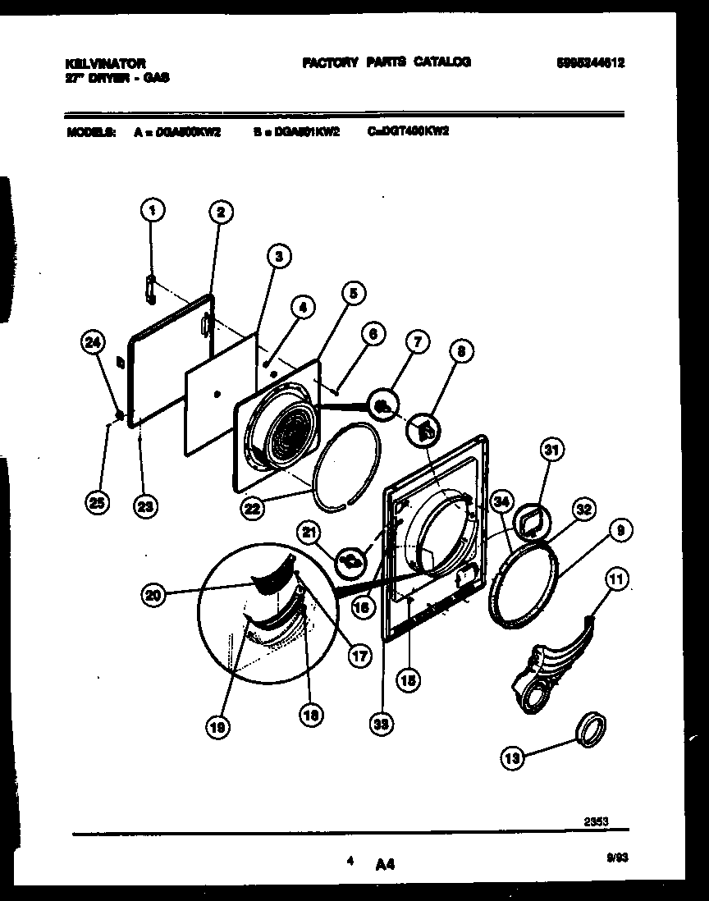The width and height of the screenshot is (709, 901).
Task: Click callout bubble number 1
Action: pos(152,211)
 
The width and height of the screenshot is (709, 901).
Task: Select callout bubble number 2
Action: pos(218,213)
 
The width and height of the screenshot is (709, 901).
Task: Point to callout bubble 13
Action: pos(513,759)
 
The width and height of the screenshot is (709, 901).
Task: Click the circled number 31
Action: pos(552,449)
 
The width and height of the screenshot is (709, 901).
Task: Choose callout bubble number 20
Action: pos(153,597)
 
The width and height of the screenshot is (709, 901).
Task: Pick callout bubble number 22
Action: pos(254,509)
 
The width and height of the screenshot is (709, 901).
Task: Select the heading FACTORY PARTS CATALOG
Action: pos(387,62)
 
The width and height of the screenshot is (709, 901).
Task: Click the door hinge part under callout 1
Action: pos(150,290)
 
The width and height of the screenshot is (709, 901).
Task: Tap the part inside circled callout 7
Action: pos(382,404)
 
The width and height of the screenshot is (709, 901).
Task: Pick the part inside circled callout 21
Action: pos(351,561)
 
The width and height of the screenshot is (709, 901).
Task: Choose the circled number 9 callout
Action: pos(620,531)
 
